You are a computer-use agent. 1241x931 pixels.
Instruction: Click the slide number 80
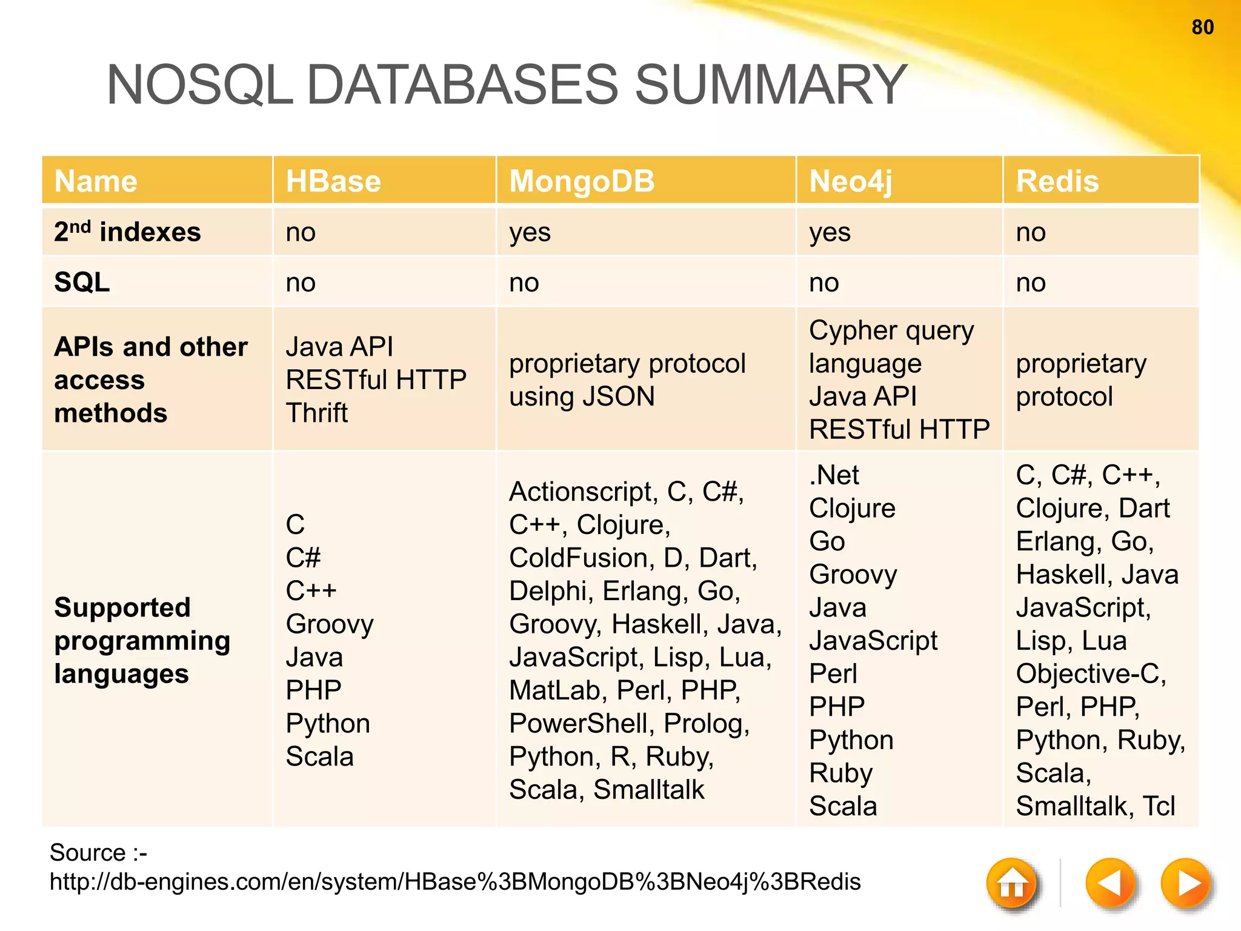(x=1202, y=27)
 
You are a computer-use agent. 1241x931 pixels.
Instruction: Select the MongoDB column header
(x=582, y=181)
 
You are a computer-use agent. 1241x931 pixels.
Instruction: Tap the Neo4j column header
(x=850, y=181)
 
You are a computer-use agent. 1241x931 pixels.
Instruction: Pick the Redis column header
(x=1057, y=181)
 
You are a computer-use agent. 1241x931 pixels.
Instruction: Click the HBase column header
(x=333, y=181)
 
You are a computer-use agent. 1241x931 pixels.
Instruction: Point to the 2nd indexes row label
(x=127, y=232)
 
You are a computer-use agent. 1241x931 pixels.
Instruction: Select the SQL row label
(x=82, y=282)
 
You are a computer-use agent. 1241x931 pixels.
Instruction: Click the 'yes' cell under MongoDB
(x=530, y=232)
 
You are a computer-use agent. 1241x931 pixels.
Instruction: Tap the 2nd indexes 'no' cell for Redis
(x=1031, y=232)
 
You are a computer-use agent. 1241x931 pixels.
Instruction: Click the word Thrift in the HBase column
(x=316, y=413)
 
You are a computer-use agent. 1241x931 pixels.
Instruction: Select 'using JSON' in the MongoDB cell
(x=582, y=396)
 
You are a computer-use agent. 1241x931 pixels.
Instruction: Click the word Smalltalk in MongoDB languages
(x=648, y=789)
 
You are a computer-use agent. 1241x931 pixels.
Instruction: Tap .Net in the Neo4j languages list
(x=834, y=475)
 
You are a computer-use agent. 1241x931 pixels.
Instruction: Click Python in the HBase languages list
(x=327, y=723)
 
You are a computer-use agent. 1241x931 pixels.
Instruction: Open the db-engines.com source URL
(x=454, y=881)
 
